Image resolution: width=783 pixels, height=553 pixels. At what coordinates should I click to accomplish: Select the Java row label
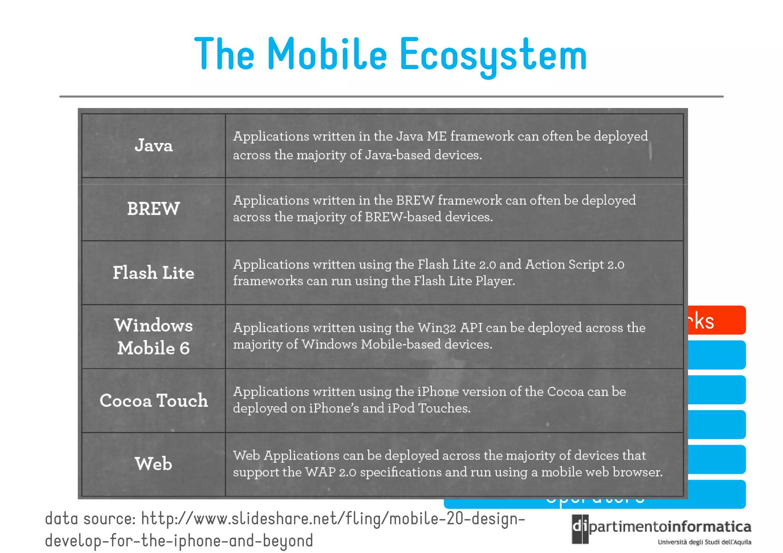click(x=153, y=146)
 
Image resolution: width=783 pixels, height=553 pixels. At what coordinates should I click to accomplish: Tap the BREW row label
click(x=153, y=209)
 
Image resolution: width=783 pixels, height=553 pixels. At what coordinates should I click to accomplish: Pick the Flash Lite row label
click(x=153, y=273)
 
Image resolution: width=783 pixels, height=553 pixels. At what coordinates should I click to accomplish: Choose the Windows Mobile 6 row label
click(x=153, y=337)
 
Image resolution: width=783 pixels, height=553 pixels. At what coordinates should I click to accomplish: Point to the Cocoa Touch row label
click(x=153, y=401)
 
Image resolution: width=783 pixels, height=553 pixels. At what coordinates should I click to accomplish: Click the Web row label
click(x=153, y=464)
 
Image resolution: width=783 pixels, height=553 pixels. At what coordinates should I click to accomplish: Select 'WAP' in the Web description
click(x=320, y=472)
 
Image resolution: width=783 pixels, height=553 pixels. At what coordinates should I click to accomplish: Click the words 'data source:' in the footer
click(x=90, y=519)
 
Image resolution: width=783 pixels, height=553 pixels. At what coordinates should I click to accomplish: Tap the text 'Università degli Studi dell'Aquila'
click(x=704, y=542)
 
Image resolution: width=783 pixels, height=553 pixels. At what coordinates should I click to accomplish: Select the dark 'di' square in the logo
click(x=580, y=529)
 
